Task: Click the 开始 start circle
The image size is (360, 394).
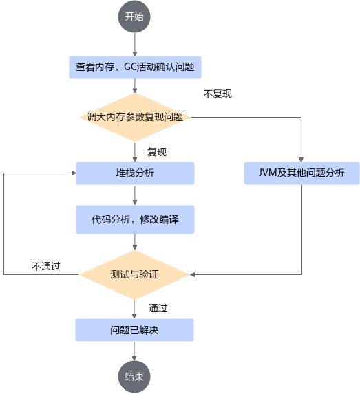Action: [x=134, y=17]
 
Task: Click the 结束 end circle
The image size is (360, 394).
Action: [x=134, y=377]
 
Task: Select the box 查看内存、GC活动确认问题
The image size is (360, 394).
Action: [x=135, y=67]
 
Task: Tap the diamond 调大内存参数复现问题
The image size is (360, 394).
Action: [x=135, y=117]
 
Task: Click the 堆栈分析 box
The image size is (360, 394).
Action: [x=135, y=173]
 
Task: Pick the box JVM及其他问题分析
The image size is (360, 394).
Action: [x=301, y=173]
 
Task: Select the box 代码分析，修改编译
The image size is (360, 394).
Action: [x=135, y=219]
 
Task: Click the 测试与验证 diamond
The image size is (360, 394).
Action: [x=134, y=274]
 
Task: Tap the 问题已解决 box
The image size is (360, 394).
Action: [x=134, y=330]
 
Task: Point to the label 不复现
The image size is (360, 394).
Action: [x=218, y=94]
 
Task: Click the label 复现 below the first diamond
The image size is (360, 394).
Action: [x=157, y=152]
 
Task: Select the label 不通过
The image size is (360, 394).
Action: [x=46, y=266]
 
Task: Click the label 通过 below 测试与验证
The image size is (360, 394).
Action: [x=158, y=308]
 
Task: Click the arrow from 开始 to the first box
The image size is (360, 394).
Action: [x=135, y=45]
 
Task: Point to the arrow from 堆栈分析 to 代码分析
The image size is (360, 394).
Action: [x=135, y=195]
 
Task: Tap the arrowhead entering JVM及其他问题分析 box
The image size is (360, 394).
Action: [x=301, y=160]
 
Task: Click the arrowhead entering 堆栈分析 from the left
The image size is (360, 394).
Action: [x=74, y=173]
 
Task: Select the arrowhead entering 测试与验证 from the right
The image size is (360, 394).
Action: [x=192, y=274]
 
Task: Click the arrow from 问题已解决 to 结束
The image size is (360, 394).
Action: [x=134, y=351]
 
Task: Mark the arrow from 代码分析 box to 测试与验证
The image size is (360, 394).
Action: [x=135, y=242]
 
